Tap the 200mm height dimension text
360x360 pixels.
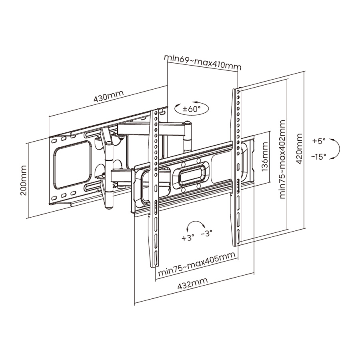[24, 180]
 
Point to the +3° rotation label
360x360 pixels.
[188, 238]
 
